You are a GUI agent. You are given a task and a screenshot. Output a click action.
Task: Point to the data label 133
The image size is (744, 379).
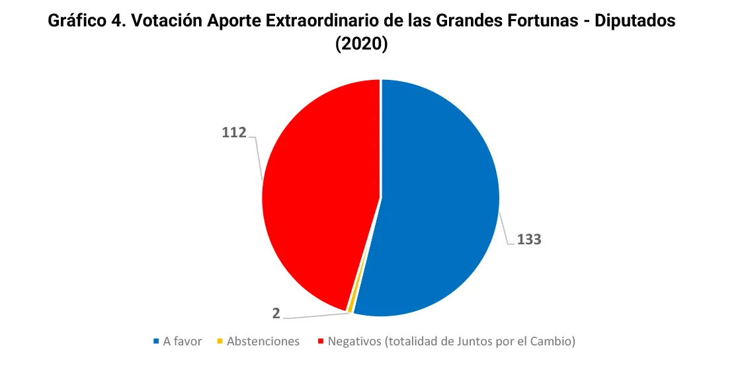(x=529, y=240)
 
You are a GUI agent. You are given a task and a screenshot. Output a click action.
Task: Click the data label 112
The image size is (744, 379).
(x=234, y=133)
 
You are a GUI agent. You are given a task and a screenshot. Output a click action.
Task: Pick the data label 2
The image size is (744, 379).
(x=276, y=313)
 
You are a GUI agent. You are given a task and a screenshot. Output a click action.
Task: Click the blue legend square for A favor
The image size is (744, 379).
(x=157, y=341)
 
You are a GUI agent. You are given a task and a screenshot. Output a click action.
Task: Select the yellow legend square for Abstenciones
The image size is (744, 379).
(x=220, y=341)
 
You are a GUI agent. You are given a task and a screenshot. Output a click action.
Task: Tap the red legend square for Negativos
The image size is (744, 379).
(x=321, y=341)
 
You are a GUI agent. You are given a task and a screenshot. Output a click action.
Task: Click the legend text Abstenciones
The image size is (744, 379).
(x=263, y=341)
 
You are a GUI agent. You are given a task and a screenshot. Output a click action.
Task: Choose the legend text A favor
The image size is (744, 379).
(x=183, y=341)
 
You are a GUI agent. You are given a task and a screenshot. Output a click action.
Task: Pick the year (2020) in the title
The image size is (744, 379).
(x=361, y=44)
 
